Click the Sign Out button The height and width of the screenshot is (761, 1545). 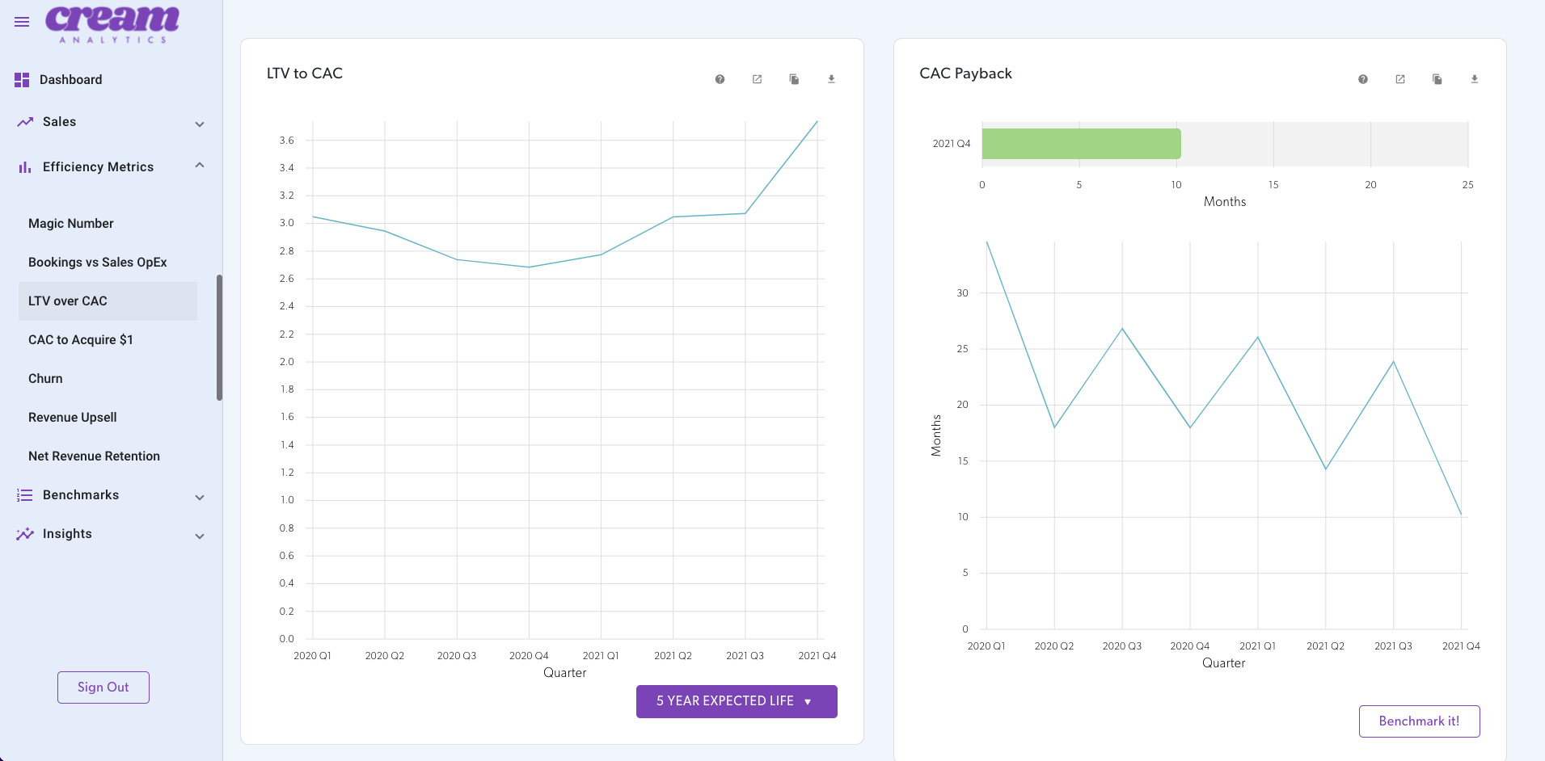point(103,687)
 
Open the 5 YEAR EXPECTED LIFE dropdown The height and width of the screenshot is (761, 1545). point(736,701)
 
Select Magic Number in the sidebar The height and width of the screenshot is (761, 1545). point(71,224)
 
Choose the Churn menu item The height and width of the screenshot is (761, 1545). point(45,379)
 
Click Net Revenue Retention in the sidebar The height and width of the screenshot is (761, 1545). point(94,456)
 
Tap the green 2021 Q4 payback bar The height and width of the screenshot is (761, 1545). point(1081,144)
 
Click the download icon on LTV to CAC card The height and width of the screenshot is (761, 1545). point(831,79)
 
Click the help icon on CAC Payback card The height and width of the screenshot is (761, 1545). point(1363,79)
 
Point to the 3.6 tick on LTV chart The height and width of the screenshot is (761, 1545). point(286,141)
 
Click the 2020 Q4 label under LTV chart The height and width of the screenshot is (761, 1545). point(529,656)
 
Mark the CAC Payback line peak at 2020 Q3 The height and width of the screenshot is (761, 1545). point(1122,329)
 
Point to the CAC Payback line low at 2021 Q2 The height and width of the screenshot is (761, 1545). point(1326,469)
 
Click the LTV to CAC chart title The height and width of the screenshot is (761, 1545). point(305,74)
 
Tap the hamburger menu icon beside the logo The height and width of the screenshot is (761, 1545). point(22,22)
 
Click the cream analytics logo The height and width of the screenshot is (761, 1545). point(112,23)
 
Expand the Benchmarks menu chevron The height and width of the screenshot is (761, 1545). point(200,498)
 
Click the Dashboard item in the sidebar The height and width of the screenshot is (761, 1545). point(70,80)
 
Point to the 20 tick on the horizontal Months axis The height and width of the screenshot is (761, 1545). point(1370,185)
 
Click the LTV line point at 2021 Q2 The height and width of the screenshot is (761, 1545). point(673,217)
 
